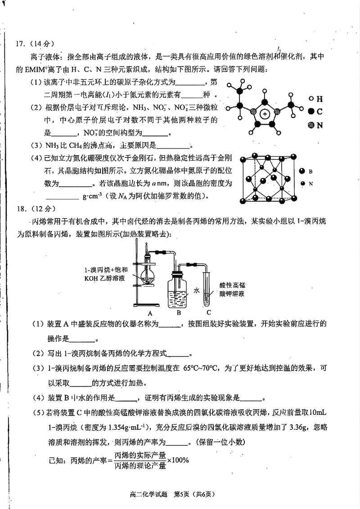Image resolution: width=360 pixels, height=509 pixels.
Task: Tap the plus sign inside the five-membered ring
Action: [x=266, y=114]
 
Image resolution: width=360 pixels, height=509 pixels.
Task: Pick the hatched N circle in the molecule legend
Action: [x=310, y=126]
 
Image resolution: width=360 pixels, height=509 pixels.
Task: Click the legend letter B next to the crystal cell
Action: [x=310, y=171]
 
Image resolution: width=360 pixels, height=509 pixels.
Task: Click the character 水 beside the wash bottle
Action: [x=196, y=291]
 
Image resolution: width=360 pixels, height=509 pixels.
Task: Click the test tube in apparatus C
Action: [x=207, y=288]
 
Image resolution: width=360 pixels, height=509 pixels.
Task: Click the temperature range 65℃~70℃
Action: [x=200, y=368]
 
